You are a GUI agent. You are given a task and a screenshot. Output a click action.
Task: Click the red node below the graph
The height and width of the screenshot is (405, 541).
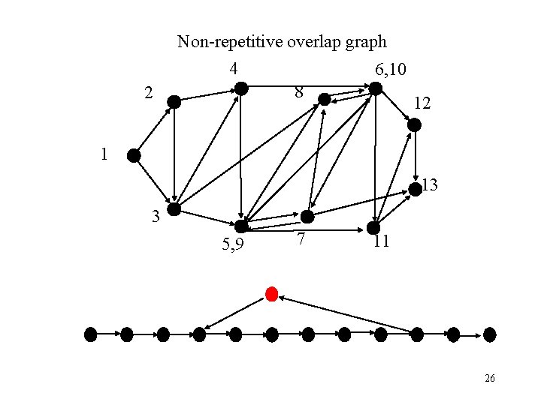click(x=272, y=292)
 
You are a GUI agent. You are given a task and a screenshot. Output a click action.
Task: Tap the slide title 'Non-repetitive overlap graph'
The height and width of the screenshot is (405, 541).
click(x=282, y=42)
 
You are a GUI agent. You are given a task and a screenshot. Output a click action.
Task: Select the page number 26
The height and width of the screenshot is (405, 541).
click(x=489, y=379)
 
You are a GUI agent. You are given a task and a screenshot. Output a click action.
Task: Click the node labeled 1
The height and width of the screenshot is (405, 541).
click(x=134, y=156)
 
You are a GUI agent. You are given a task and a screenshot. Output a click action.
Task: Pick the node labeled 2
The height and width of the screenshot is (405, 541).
click(x=174, y=102)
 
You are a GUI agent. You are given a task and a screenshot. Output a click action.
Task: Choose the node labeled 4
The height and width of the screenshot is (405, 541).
click(x=241, y=88)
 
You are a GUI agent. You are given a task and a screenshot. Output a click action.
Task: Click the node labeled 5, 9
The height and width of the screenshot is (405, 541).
click(x=241, y=226)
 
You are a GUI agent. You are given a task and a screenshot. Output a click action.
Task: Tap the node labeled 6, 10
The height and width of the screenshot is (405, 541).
click(x=376, y=88)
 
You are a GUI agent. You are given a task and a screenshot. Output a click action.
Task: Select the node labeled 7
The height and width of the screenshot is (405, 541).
click(x=308, y=217)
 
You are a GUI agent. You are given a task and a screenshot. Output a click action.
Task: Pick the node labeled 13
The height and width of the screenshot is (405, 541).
click(x=415, y=189)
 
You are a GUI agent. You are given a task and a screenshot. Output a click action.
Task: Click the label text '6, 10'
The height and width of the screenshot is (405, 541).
click(x=391, y=70)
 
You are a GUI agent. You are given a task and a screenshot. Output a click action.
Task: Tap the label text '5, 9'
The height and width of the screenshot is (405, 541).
click(x=231, y=244)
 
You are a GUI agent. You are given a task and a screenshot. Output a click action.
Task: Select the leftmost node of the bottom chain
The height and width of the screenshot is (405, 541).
click(x=91, y=334)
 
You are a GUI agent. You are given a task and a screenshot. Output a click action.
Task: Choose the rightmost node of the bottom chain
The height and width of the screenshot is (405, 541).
click(x=490, y=334)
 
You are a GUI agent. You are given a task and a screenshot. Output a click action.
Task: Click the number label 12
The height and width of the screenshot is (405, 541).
click(x=422, y=104)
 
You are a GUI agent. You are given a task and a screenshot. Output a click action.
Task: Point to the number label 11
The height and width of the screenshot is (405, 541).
click(x=381, y=241)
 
